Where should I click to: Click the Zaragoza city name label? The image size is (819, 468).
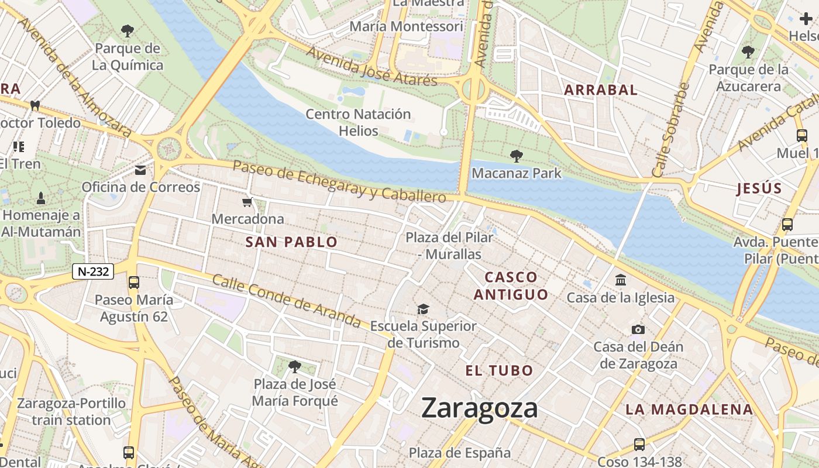coord(479,408)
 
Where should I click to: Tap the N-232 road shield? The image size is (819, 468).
coord(93,271)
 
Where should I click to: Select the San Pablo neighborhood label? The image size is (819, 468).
coord(291,242)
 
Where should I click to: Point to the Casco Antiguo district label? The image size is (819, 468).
coord(511,285)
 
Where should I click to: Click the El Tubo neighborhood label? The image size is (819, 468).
coord(499,370)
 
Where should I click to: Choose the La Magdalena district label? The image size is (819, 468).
coord(689,409)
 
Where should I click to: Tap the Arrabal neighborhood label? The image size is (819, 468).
coord(600,90)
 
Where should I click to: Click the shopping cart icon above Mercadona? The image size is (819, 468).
coord(247,202)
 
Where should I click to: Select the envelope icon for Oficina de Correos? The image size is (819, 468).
coord(140,170)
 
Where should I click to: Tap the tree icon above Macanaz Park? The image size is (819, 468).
coord(516,156)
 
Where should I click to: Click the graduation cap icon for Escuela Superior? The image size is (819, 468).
coord(422,309)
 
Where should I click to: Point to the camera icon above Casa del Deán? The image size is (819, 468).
coord(638,329)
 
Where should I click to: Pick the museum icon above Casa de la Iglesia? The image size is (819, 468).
coord(620,280)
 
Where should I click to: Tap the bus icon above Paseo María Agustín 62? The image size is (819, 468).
coord(134,283)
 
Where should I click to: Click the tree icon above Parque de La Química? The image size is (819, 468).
coord(127,30)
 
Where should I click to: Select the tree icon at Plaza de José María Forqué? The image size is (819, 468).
coord(295,367)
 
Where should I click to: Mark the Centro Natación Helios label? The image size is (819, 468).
coord(358,122)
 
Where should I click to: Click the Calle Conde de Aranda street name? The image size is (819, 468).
coord(286,301)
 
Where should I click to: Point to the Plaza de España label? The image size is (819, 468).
coord(459,453)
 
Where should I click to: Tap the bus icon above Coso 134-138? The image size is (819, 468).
coord(639,445)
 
